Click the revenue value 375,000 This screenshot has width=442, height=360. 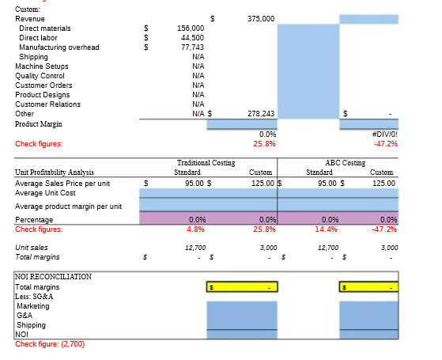pyautogui.click(x=260, y=18)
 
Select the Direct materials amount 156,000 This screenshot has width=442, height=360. pyautogui.click(x=191, y=28)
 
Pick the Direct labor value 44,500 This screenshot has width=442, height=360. pyautogui.click(x=192, y=37)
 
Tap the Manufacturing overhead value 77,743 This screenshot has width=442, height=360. pyautogui.click(x=192, y=47)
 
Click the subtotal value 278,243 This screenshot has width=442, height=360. pyautogui.click(x=260, y=114)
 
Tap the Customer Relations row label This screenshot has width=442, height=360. pyautogui.click(x=48, y=104)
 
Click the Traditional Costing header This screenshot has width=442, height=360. pyautogui.click(x=206, y=162)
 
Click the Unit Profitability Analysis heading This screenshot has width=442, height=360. pyautogui.click(x=55, y=172)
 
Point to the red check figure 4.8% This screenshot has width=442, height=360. pyautogui.click(x=196, y=229)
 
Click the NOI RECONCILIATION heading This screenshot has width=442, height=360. pyautogui.click(x=54, y=277)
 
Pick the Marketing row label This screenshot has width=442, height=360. pyautogui.click(x=33, y=305)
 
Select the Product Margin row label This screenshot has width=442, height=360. pyautogui.click(x=40, y=124)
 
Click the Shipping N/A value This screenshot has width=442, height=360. pyautogui.click(x=198, y=57)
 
